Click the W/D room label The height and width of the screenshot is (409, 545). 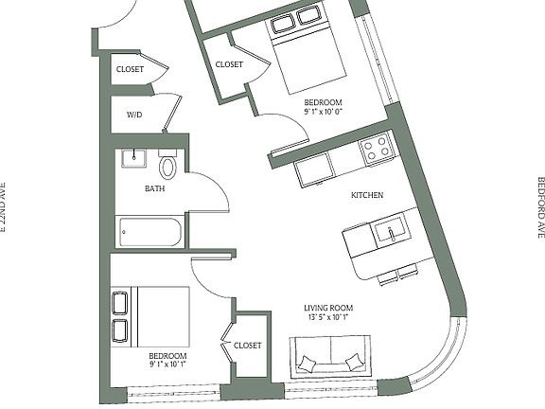(133, 115)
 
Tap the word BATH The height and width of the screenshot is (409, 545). (154, 188)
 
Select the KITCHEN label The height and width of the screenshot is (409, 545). (367, 195)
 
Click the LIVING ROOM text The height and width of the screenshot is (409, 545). (327, 308)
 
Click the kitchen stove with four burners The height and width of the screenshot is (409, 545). (378, 149)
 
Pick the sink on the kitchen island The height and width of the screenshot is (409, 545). (388, 230)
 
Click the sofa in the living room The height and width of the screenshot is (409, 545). (328, 362)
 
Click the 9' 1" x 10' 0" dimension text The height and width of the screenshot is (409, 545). (323, 112)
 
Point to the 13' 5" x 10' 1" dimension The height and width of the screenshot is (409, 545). (327, 318)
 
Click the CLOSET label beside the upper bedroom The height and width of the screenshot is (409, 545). (229, 64)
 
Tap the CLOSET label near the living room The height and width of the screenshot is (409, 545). (247, 346)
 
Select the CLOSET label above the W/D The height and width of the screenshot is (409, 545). (130, 69)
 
